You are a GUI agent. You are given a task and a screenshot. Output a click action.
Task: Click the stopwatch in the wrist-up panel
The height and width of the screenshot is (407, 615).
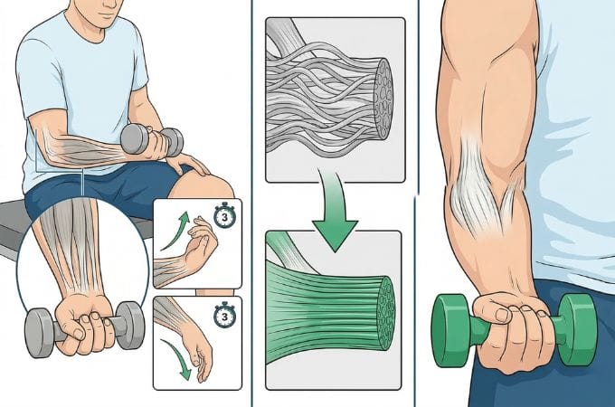[224, 215]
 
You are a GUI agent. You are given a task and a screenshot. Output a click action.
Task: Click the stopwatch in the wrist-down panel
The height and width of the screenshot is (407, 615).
[224, 315]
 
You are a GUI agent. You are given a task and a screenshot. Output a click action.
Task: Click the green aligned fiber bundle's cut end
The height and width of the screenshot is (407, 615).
[386, 314]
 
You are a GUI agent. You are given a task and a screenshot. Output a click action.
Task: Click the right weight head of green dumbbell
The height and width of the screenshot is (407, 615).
[577, 330]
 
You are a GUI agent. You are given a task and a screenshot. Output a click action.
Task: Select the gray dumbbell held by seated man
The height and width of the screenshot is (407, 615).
[152, 140]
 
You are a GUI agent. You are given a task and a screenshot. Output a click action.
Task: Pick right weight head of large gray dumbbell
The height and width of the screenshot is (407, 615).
[130, 325]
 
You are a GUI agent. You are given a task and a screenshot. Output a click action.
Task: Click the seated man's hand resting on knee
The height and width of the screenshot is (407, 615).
[187, 162]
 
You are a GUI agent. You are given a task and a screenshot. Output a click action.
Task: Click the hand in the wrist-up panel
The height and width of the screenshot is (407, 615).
[201, 247]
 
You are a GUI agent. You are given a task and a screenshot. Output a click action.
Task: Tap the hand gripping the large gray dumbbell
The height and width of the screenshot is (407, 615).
[84, 325]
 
